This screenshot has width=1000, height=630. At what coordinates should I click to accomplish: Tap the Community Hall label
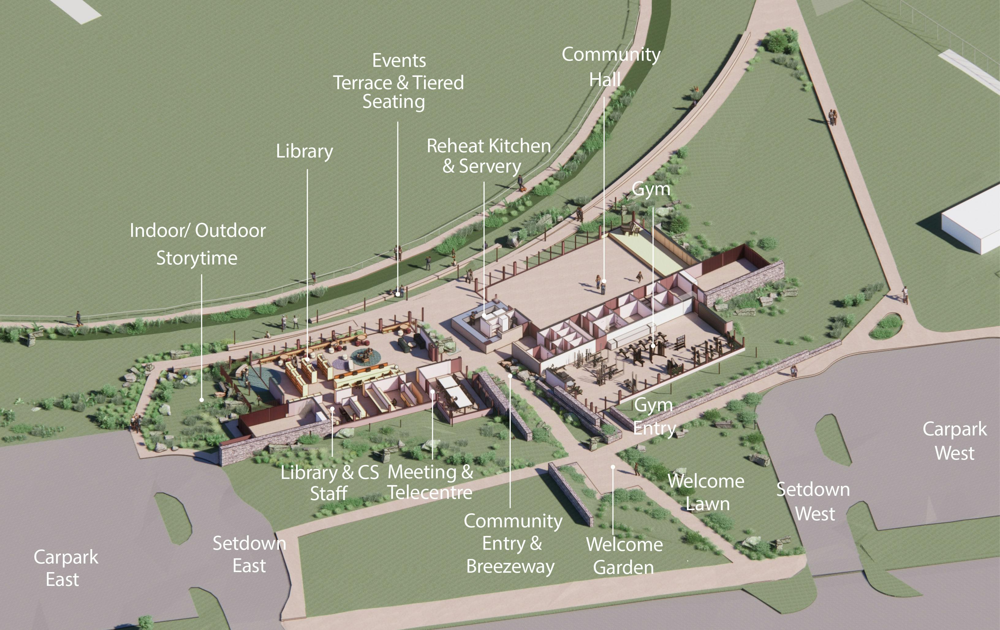click(611, 66)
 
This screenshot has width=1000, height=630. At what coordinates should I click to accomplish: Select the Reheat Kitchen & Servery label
click(488, 156)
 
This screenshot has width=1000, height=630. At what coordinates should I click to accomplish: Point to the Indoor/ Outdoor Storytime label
click(198, 244)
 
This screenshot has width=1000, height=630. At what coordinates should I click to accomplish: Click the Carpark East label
click(65, 568)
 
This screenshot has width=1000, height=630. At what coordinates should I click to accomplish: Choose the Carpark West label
click(954, 441)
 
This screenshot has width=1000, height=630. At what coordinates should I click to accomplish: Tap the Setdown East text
click(249, 554)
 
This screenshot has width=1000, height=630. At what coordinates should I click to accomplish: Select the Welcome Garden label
click(624, 556)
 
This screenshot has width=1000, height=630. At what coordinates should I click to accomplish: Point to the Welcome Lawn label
click(706, 492)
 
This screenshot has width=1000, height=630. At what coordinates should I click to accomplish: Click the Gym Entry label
click(654, 416)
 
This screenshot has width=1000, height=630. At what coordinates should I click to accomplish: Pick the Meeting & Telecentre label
click(430, 482)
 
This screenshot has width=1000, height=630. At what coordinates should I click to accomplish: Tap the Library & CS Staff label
click(329, 483)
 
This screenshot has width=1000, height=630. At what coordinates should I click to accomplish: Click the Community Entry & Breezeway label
click(513, 543)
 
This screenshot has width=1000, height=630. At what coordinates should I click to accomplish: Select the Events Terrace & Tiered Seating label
click(398, 82)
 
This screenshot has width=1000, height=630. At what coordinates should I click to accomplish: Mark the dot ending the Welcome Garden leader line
click(613, 467)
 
